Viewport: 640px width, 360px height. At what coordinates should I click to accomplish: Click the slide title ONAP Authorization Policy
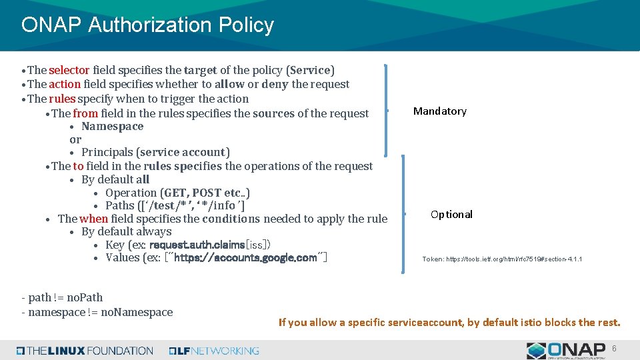click(147, 25)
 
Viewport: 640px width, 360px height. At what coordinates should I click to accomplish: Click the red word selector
click(69, 70)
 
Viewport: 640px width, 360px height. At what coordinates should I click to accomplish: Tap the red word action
click(65, 84)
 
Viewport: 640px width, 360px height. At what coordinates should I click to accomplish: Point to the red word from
click(85, 113)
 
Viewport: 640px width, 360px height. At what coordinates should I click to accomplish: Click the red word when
click(94, 219)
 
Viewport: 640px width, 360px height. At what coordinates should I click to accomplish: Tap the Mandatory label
click(440, 111)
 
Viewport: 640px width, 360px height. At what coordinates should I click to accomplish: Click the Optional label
click(451, 214)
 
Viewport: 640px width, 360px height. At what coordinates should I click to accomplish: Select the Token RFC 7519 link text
click(502, 259)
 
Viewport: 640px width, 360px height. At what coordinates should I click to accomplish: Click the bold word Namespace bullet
click(112, 126)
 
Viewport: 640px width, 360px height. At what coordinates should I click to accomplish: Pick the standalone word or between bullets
click(75, 139)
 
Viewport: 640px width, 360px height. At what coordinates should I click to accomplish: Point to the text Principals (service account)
click(155, 153)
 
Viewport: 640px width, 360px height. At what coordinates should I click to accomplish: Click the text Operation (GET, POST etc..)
click(177, 193)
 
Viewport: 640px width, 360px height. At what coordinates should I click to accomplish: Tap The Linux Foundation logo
click(85, 351)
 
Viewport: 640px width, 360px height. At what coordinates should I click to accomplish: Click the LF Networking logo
click(214, 351)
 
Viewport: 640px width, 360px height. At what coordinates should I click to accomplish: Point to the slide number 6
click(614, 349)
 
